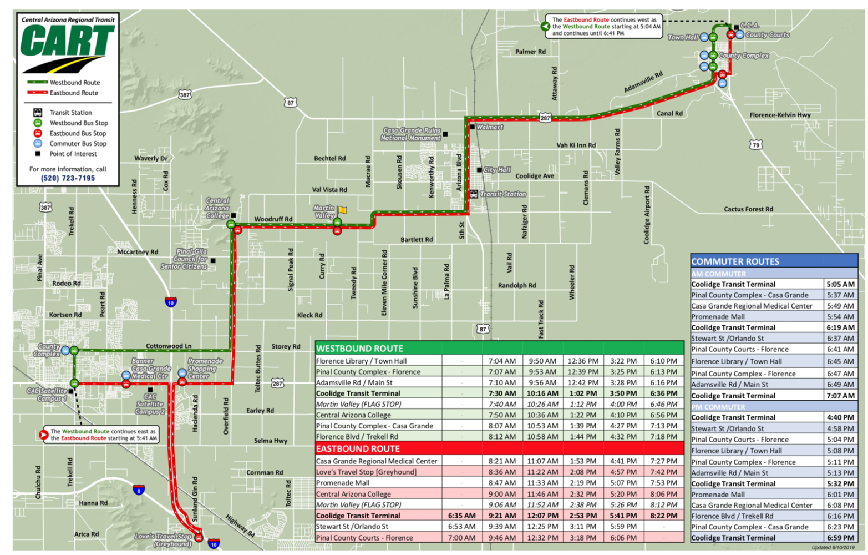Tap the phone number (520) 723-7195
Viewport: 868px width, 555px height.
click(68, 179)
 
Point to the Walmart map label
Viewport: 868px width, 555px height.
click(489, 127)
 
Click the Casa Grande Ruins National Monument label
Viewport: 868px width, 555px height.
click(410, 134)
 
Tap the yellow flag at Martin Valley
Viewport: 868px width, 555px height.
click(343, 210)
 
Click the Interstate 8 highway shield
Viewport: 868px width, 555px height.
click(139, 490)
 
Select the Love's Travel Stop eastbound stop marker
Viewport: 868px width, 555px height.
click(199, 537)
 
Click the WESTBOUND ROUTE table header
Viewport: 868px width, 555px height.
click(359, 349)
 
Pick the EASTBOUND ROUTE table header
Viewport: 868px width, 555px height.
click(357, 448)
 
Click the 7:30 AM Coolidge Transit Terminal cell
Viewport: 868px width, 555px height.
click(502, 393)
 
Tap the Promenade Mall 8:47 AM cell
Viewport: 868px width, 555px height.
click(502, 483)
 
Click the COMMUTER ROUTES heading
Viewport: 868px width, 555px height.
click(735, 261)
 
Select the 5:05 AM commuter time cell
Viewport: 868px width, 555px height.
click(840, 284)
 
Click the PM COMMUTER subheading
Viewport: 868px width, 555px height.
click(718, 407)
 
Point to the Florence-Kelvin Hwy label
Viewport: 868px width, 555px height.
click(780, 115)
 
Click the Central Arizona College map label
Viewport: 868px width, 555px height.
click(217, 208)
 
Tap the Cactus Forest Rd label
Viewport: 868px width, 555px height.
click(748, 209)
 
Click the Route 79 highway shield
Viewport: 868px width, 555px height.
click(755, 145)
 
